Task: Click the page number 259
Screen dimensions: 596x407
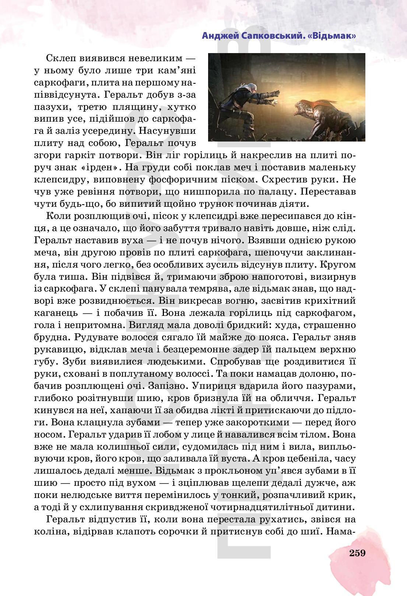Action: (357, 553)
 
